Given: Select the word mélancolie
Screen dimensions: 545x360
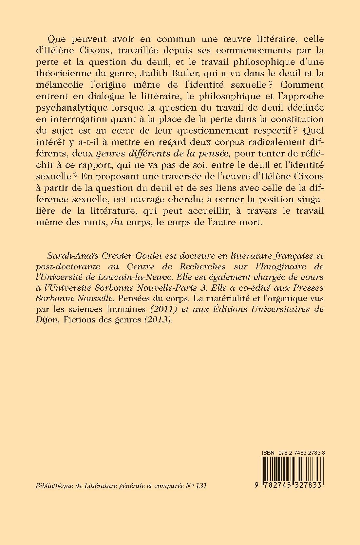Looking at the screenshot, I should pos(66,84).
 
